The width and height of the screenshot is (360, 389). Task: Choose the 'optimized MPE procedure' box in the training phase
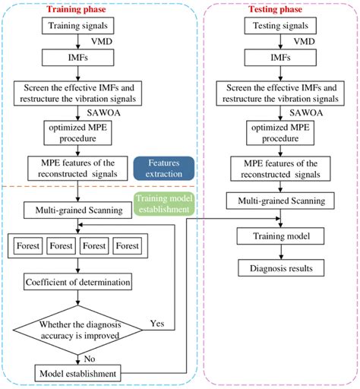click(74, 132)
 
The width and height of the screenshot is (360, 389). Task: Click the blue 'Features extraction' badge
click(163, 169)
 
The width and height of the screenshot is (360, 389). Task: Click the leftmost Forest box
click(28, 246)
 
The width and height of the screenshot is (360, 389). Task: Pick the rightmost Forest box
click(128, 246)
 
